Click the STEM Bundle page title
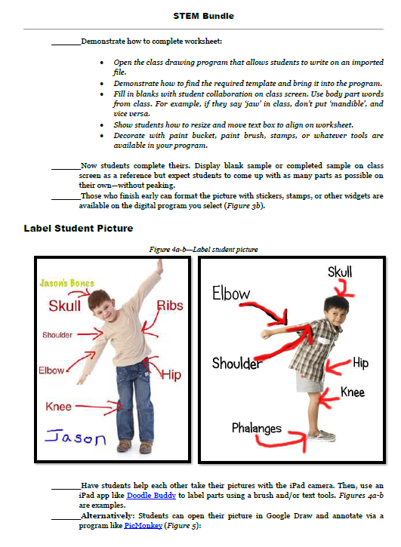pos(203,16)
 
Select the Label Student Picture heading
pos(79,228)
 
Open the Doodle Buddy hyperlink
pos(151,496)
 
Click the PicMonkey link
pos(143,525)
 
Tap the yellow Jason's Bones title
pos(66,283)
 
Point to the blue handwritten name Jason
pos(76,438)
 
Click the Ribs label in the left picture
pos(170,306)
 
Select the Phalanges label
pos(257,428)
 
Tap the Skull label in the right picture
pos(340,272)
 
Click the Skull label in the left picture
pos(65,306)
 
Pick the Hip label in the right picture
pos(360,363)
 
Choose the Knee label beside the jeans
pos(58,407)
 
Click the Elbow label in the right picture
pos(231,293)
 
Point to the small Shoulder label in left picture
pos(57,335)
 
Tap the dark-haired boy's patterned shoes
pos(322,436)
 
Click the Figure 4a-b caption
pos(203,250)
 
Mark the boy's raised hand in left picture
pos(159,267)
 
